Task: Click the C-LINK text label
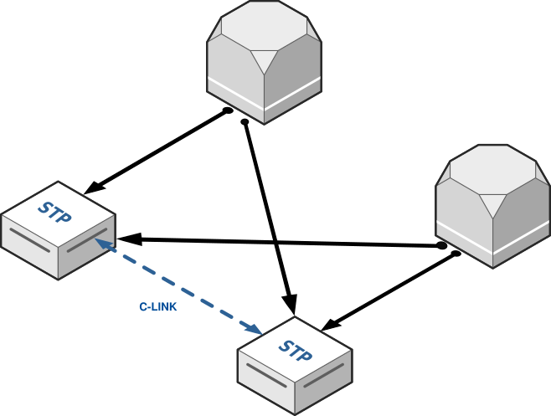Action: coord(157,307)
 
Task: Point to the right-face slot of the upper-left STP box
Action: coord(87,240)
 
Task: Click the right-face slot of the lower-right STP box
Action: coord(324,376)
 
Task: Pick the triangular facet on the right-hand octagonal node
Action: coord(492,203)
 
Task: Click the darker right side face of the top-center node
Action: coord(293,80)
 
